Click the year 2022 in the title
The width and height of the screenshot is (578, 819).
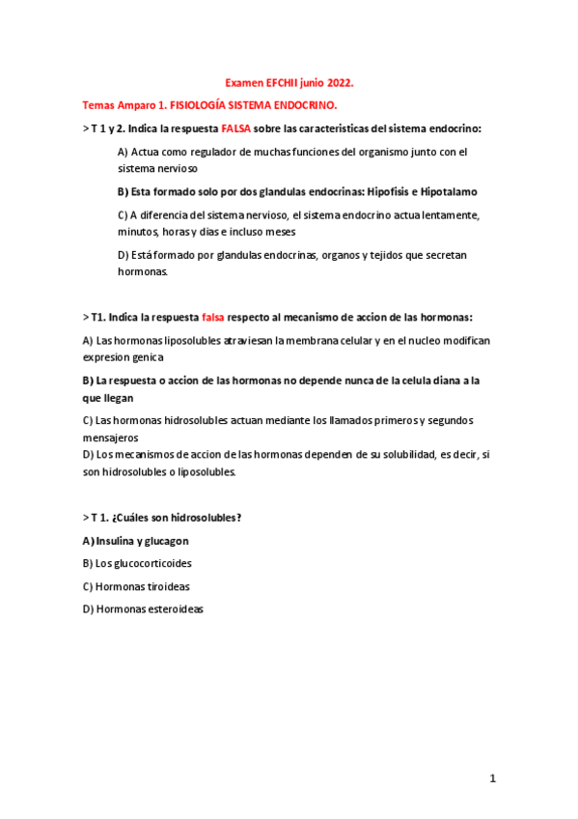click(x=338, y=84)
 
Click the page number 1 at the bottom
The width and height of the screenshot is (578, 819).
click(x=491, y=778)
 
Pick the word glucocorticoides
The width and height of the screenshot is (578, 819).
click(x=151, y=563)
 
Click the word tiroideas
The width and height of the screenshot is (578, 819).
click(x=168, y=586)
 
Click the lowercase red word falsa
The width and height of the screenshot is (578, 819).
click(x=212, y=317)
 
